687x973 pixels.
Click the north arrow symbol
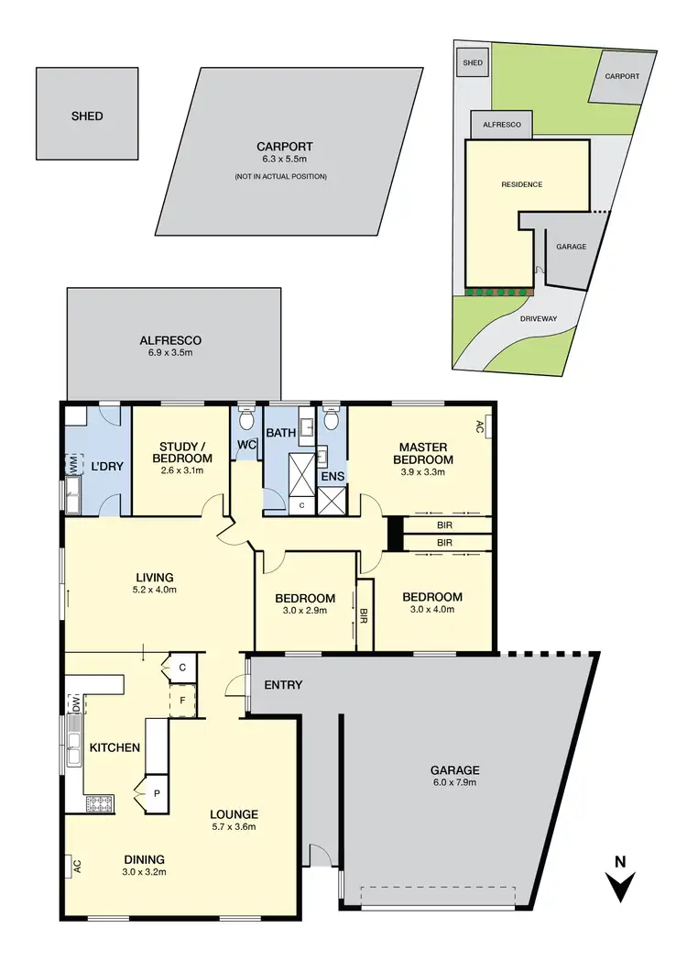point(621,882)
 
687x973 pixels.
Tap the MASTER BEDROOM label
point(423,452)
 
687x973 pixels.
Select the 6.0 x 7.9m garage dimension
point(458,783)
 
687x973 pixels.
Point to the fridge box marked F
point(183,700)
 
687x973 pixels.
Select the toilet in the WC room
point(245,420)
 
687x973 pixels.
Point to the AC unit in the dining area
point(74,865)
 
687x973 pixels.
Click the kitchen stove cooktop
point(98,804)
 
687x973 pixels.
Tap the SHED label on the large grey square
point(87,116)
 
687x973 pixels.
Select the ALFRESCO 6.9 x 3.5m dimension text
point(171,353)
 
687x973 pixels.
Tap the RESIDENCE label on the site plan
point(521,184)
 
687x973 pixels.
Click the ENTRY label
point(283,685)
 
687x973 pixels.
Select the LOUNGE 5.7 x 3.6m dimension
point(233,827)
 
